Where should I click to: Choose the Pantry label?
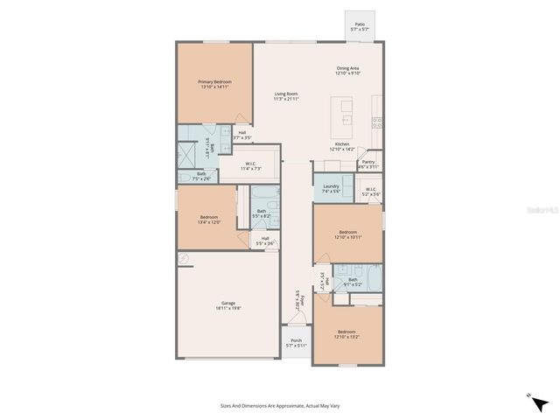click(x=368, y=162)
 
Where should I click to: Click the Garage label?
click(x=228, y=304)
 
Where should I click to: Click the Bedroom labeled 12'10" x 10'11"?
click(x=347, y=233)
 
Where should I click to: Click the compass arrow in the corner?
click(x=541, y=403)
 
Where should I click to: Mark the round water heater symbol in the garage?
click(x=183, y=258)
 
